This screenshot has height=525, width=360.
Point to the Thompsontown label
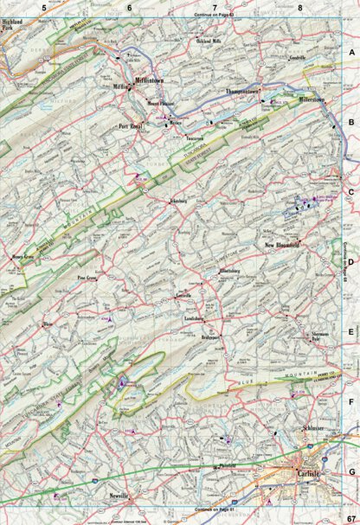click(243, 90)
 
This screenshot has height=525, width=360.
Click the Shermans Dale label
click(312, 339)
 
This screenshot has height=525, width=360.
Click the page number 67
click(350, 517)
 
